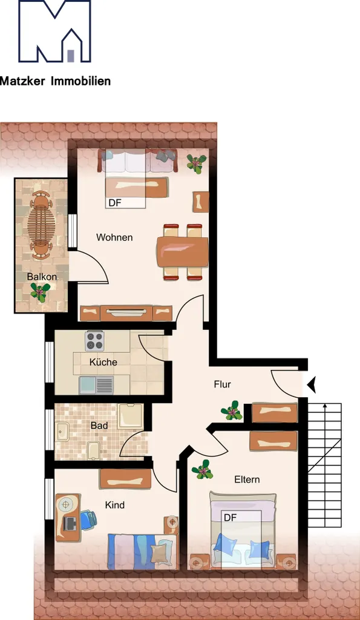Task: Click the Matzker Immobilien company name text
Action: (55, 82)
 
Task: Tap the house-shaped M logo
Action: (55, 31)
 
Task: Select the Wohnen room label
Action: (114, 237)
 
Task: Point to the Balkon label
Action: (42, 277)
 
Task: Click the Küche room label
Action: (103, 362)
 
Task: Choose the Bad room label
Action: (99, 426)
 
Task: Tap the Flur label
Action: (222, 384)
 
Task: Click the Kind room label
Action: (114, 505)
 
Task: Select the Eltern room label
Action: (247, 480)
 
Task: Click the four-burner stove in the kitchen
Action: (94, 341)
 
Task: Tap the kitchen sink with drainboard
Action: (96, 385)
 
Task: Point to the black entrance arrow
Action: (312, 384)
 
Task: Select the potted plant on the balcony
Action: (41, 292)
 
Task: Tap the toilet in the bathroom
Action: (93, 450)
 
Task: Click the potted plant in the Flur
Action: (232, 411)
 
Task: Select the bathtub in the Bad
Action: (130, 417)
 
